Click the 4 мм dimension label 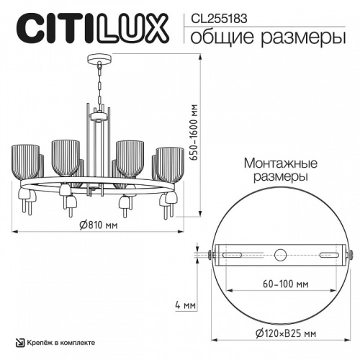[186, 305]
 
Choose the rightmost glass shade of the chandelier [169, 161]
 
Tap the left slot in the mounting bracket [233, 254]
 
